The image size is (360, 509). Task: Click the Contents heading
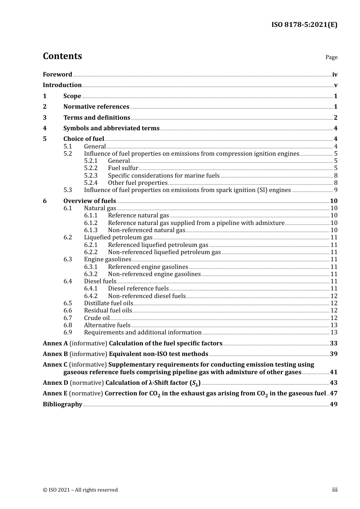(x=62, y=56)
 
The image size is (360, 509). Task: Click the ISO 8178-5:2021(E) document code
(x=304, y=25)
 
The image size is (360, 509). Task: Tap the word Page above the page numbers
(x=331, y=57)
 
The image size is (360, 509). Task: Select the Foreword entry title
(x=57, y=75)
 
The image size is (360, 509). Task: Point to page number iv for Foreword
(x=335, y=75)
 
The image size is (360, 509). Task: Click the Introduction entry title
(x=62, y=85)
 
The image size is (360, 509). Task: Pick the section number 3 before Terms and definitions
(x=45, y=117)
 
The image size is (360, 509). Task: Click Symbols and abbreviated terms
(x=111, y=128)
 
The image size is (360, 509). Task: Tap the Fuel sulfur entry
(x=123, y=168)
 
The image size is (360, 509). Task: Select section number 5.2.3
(x=91, y=175)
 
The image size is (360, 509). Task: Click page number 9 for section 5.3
(x=335, y=190)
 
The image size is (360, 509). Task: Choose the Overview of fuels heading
(x=89, y=201)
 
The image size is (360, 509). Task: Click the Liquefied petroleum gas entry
(x=118, y=237)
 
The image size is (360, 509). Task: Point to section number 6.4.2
(x=91, y=296)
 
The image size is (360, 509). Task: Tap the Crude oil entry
(x=97, y=318)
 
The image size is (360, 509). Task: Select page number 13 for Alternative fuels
(x=334, y=325)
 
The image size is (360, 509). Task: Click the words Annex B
(x=55, y=354)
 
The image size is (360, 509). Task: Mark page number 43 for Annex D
(x=333, y=383)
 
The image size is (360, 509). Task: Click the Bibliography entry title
(x=63, y=404)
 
